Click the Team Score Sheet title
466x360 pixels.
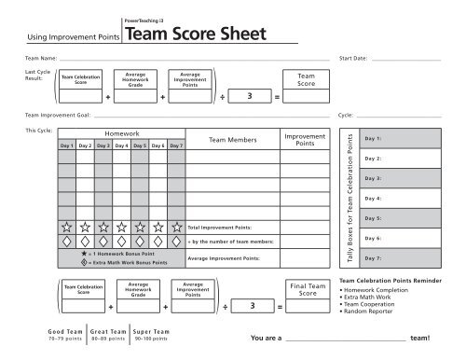click(x=195, y=35)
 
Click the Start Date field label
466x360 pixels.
click(x=354, y=58)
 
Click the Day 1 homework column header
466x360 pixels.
click(x=67, y=145)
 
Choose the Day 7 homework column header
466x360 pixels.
click(x=177, y=145)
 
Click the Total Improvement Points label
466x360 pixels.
click(x=220, y=227)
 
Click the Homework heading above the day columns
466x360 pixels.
click(x=122, y=134)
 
